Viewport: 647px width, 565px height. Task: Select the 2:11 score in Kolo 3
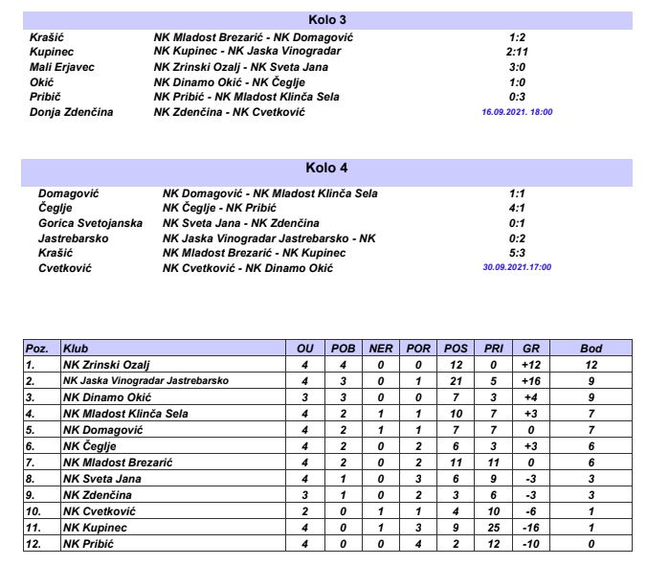click(x=518, y=52)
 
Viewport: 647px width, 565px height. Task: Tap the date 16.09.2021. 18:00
click(x=518, y=112)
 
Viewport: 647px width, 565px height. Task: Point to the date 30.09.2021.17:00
click(x=518, y=267)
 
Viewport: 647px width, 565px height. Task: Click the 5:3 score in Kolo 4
click(x=518, y=253)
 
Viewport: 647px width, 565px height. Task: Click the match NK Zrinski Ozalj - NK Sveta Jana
click(x=240, y=67)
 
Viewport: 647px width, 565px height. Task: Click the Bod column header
click(x=591, y=349)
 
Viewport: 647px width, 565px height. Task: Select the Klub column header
click(x=76, y=349)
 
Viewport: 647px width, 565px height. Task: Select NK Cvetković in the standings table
click(x=100, y=513)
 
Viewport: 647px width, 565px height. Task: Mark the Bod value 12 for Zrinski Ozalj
click(x=591, y=365)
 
